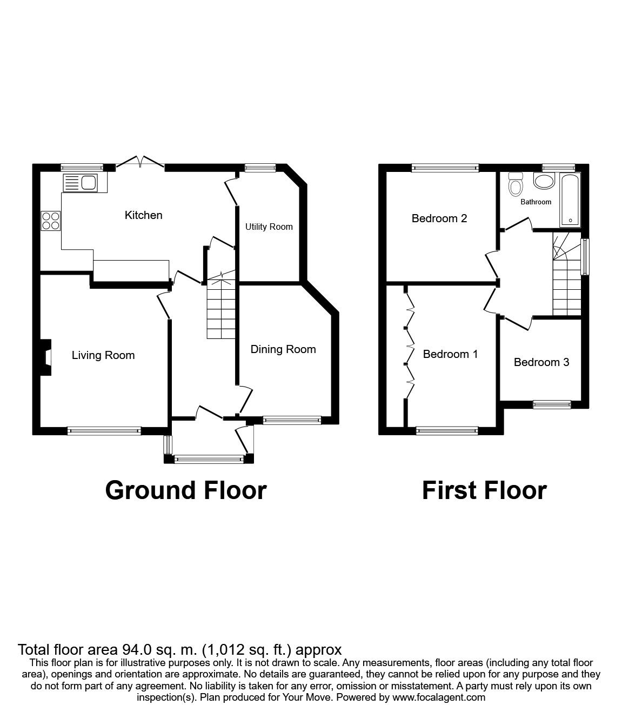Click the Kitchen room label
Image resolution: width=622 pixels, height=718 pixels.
143,215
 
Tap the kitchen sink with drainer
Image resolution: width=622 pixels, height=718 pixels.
80,183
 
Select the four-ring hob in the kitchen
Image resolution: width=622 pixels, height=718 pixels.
51,221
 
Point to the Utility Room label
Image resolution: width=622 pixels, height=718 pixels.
269,227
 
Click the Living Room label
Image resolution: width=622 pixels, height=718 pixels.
103,355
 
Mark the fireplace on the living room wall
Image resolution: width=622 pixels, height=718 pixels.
46,357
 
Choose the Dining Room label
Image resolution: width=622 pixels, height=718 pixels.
283,349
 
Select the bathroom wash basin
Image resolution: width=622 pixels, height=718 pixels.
544,181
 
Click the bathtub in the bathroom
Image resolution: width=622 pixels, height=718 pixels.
570,201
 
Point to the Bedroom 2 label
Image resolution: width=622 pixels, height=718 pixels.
439,218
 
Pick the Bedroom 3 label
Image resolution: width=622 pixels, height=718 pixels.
541,362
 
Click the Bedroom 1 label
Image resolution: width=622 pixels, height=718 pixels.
450,354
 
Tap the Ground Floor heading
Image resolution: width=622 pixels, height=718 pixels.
186,490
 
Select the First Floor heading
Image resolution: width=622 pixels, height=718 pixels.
484,490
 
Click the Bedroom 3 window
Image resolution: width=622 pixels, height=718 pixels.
552,404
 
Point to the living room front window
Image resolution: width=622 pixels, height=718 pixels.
104,431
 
